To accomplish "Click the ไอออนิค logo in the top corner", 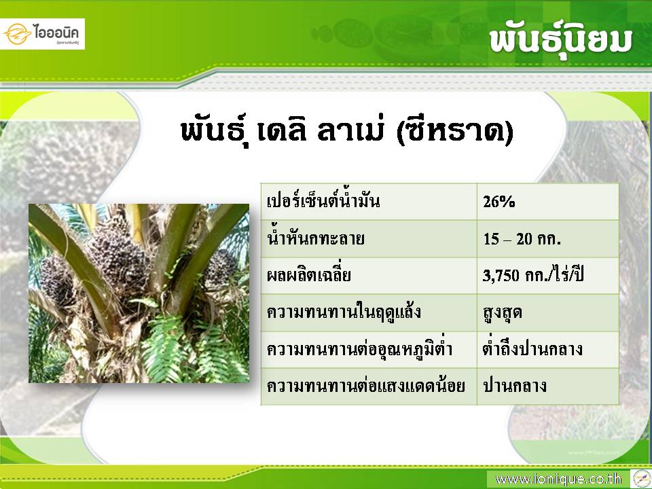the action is coord(42,34).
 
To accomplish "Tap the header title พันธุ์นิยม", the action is coord(560,41).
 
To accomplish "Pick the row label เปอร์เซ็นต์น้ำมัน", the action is coord(323,201).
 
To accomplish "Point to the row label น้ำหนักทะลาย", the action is coord(316,238).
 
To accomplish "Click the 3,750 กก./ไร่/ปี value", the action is coord(533,274).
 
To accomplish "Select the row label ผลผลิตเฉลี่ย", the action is coord(309,275).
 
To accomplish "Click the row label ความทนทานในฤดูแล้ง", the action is coord(344,312).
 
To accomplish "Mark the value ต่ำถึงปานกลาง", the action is coord(532,348).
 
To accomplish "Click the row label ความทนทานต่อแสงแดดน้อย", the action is coord(366,386).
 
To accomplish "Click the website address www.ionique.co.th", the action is coord(558,479).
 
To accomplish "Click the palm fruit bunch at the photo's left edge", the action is coord(57,280).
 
